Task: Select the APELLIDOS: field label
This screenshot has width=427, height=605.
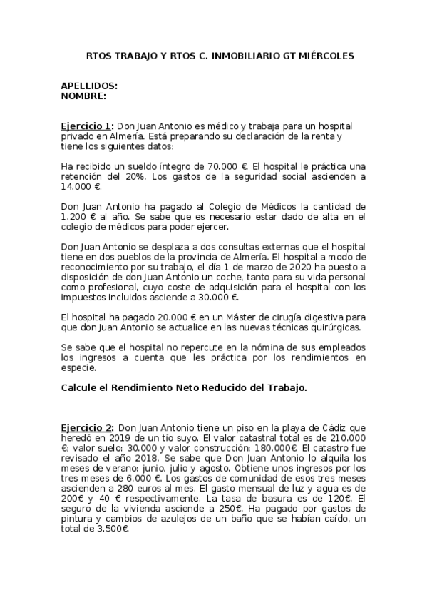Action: pos(89,86)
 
